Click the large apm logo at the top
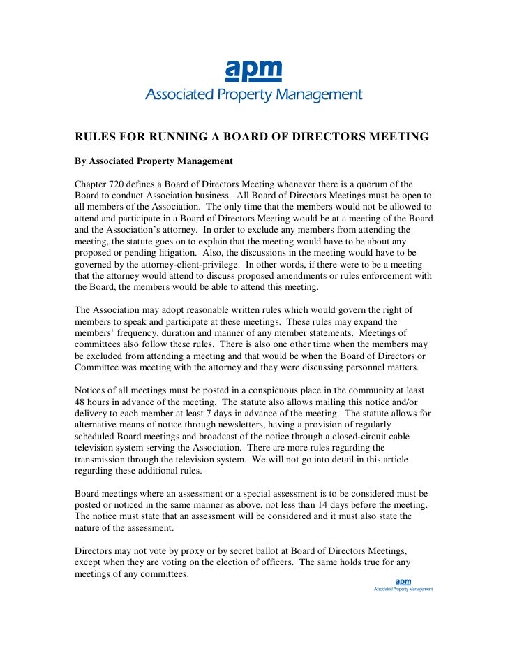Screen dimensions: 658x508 pos(253,71)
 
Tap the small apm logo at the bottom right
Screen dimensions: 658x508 pos(403,582)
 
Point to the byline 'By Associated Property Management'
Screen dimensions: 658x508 pos(154,161)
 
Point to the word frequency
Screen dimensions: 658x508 pos(137,333)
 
